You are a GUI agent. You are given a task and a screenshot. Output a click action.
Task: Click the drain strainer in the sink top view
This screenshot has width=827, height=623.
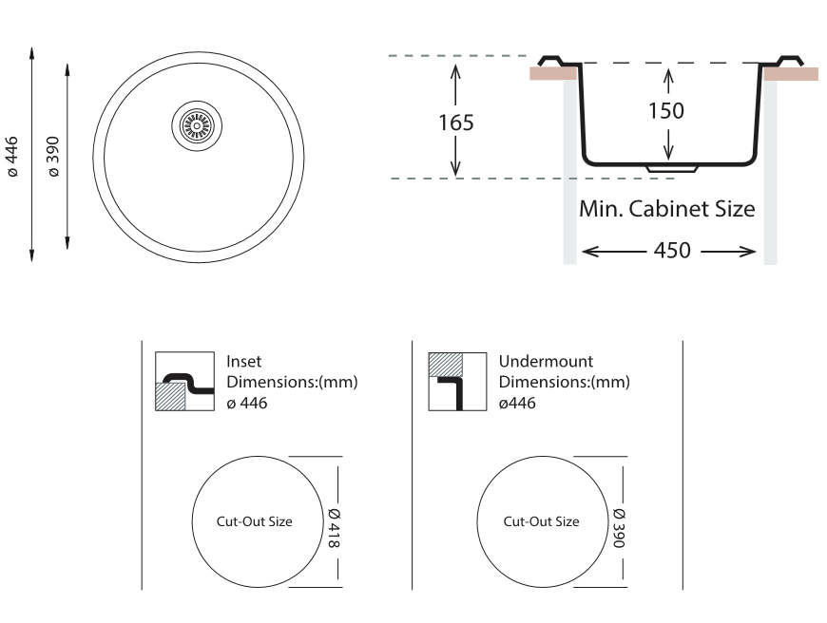click(x=197, y=126)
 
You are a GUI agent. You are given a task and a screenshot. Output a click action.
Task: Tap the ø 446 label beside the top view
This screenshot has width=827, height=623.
click(x=11, y=157)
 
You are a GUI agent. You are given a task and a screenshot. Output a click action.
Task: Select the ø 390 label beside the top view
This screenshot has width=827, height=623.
click(x=53, y=157)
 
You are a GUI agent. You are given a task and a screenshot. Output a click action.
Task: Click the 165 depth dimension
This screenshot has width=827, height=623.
click(x=456, y=123)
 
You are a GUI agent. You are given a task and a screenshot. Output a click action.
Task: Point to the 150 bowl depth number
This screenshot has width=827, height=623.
click(x=666, y=111)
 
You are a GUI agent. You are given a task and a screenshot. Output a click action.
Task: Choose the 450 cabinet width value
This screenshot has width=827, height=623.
click(x=672, y=251)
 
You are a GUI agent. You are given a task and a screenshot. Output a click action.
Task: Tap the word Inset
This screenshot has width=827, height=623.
click(x=243, y=362)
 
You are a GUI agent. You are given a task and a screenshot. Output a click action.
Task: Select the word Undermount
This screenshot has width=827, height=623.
click(x=546, y=362)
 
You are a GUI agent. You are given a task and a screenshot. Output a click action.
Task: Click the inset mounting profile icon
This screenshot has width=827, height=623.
click(x=184, y=381)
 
